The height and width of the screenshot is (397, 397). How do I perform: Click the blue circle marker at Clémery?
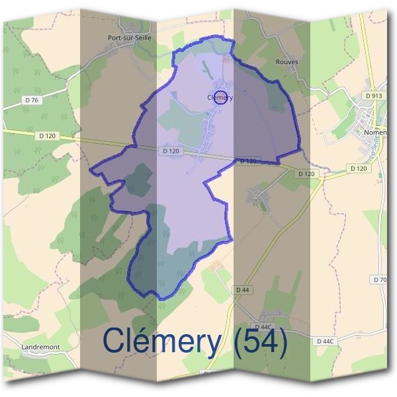[222, 98]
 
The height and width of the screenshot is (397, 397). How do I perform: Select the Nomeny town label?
[376, 132]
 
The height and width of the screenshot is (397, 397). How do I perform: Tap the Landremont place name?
[41, 347]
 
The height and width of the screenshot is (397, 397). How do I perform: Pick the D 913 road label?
[374, 96]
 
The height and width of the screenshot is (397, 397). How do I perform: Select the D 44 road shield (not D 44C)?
[242, 289]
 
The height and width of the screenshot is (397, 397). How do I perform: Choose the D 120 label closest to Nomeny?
[358, 169]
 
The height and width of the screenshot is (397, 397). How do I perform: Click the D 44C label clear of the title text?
[324, 341]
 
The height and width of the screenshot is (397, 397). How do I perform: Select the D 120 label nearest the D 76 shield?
[46, 136]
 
